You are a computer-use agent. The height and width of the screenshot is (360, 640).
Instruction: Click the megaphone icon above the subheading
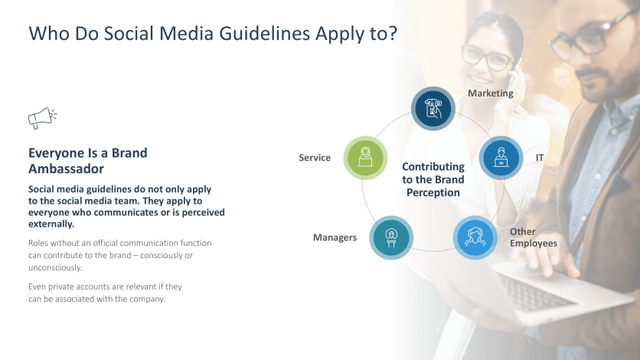point(42,118)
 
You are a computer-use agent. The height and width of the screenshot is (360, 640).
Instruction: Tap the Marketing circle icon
point(433,108)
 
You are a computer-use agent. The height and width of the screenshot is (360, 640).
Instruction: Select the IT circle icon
point(501,158)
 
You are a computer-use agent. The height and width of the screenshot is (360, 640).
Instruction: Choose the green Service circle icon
point(365,158)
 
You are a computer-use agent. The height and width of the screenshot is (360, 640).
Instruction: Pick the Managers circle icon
point(392,237)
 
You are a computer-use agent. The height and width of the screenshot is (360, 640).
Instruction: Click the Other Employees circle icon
point(476,237)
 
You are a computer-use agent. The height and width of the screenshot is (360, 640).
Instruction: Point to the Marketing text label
point(490,93)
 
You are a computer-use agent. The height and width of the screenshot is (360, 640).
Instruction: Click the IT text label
point(540,158)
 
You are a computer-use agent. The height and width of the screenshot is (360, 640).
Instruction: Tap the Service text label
point(315,158)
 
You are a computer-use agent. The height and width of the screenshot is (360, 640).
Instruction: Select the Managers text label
point(335,237)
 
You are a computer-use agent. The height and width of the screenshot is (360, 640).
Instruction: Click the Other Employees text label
point(533,237)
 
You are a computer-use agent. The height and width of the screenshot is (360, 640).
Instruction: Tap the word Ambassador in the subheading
point(66,169)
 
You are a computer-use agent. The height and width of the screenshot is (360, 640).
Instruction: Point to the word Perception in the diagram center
point(433,193)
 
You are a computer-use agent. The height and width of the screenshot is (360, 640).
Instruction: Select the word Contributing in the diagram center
point(433,166)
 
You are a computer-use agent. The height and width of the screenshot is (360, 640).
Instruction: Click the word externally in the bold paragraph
point(51,224)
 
